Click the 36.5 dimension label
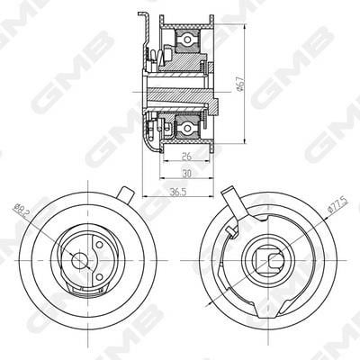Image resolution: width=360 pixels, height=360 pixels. [178, 192]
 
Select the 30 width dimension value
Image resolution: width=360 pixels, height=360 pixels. [187, 174]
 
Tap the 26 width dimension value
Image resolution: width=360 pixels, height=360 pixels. [186, 157]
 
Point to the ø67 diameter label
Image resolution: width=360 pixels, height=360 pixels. [240, 84]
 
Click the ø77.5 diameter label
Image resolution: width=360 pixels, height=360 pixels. [338, 205]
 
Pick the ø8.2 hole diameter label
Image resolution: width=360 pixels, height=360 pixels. [22, 210]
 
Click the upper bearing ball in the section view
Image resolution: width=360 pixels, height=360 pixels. [187, 39]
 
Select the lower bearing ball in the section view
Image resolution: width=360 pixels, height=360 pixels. [187, 129]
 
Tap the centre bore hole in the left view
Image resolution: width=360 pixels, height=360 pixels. [79, 260]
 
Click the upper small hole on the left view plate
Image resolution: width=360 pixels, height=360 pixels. [100, 245]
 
